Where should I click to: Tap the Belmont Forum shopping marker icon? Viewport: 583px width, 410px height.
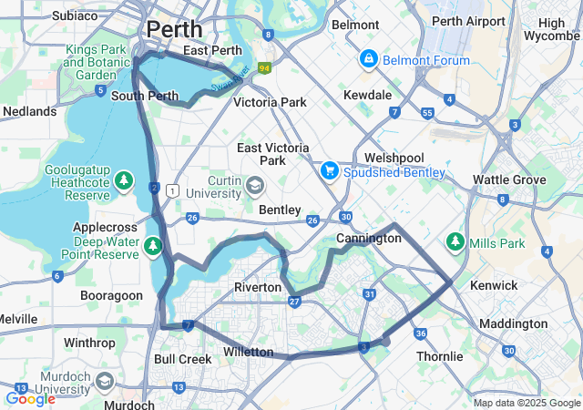pyautogui.click(x=368, y=60)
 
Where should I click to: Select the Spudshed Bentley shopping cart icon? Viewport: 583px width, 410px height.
pyautogui.click(x=330, y=171)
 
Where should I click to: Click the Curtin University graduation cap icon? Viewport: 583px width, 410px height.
pyautogui.click(x=255, y=188)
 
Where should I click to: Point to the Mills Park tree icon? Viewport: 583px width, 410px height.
pyautogui.click(x=455, y=243)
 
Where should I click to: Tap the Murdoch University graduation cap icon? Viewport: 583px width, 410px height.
pyautogui.click(x=105, y=381)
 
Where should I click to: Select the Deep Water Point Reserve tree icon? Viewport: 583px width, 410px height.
pyautogui.click(x=152, y=244)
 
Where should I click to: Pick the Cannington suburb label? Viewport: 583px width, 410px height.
pyautogui.click(x=368, y=238)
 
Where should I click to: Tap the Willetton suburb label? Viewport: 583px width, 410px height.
pyautogui.click(x=248, y=352)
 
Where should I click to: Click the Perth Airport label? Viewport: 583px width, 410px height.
pyautogui.click(x=468, y=21)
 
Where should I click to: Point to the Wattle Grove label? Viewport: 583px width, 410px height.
pyautogui.click(x=509, y=180)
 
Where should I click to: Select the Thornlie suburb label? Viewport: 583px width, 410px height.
pyautogui.click(x=440, y=356)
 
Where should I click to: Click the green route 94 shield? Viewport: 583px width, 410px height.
pyautogui.click(x=264, y=68)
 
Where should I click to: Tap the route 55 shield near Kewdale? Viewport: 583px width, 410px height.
pyautogui.click(x=427, y=113)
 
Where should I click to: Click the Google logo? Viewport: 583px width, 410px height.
pyautogui.click(x=30, y=398)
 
